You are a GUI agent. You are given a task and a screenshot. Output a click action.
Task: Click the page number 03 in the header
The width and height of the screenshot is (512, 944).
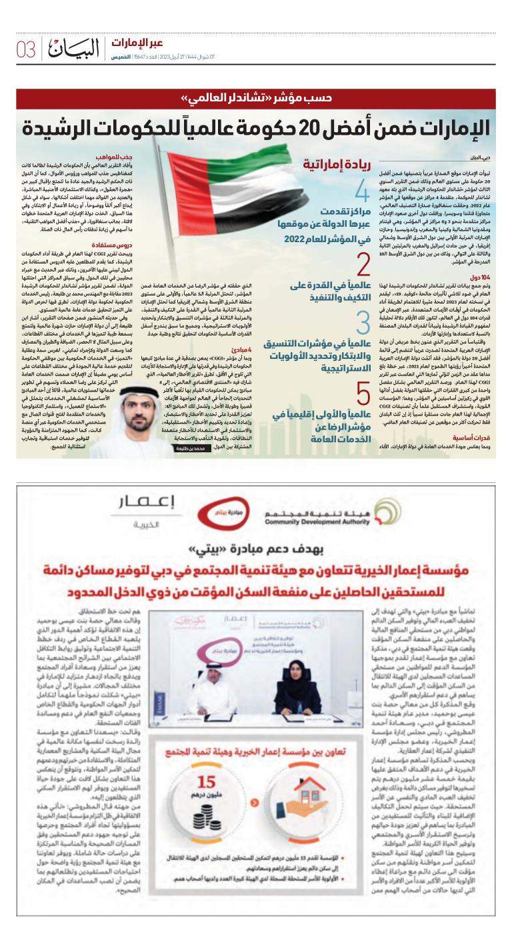point(25,49)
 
